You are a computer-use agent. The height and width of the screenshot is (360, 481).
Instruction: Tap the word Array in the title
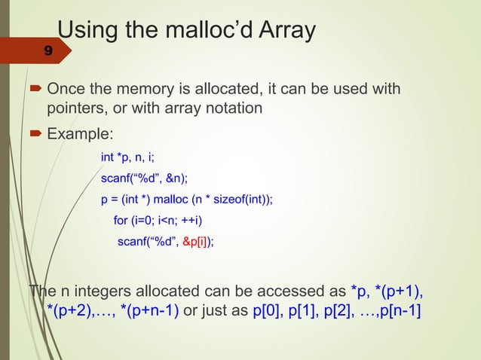[287, 32]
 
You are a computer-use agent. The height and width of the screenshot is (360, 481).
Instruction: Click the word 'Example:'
[80, 135]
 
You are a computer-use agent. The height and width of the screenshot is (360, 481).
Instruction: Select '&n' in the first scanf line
[170, 178]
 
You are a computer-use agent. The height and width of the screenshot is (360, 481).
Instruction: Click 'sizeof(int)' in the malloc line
[240, 200]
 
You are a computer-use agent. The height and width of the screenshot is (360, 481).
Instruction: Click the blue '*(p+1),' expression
[400, 291]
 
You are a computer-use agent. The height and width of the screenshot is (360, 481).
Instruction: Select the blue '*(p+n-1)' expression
[150, 311]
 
